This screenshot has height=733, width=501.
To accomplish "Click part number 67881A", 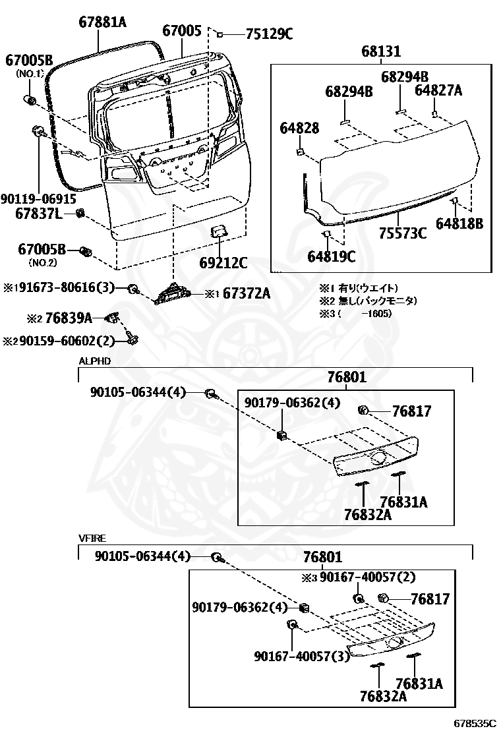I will tap(102, 22).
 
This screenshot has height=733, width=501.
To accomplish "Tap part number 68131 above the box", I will tap(382, 52).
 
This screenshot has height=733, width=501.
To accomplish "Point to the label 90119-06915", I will tap(38, 198).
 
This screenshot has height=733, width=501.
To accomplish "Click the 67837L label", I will tap(40, 214).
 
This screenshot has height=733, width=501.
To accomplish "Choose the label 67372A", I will tap(246, 294).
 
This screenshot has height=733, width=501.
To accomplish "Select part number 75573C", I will tap(402, 233).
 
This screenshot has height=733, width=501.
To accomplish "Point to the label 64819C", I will tap(332, 256).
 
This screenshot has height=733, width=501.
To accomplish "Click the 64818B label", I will tap(459, 224).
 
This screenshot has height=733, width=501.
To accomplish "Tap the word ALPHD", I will tap(95, 361).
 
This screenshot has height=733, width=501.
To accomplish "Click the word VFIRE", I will tap(92, 539).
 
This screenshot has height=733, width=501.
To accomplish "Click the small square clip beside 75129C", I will tap(220, 34).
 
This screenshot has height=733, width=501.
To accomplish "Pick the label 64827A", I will tap(438, 90).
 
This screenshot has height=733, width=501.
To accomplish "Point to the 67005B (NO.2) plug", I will tap(84, 251).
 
